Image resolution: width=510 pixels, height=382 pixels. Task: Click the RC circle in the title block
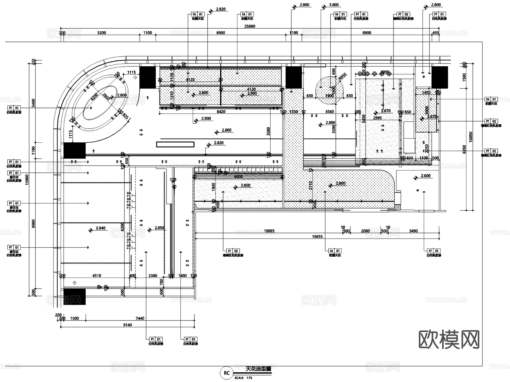226,373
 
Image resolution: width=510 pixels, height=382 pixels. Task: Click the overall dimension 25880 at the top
250,26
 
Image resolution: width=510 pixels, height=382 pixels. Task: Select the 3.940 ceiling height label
100,228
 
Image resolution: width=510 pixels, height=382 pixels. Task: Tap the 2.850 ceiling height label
159,228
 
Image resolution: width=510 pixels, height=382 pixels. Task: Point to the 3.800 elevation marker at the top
334,5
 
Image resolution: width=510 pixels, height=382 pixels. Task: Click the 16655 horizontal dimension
317,237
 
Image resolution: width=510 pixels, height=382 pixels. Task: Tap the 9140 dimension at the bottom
127,325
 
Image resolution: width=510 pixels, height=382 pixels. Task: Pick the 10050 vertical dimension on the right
471,137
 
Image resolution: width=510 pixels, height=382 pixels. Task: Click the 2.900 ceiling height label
206,119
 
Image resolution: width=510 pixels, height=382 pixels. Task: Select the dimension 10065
269,231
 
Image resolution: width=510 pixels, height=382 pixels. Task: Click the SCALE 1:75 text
243,378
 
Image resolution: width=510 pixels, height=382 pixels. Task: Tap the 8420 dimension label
221,112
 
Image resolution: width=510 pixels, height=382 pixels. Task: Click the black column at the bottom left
74,297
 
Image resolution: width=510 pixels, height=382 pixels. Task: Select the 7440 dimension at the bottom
140,318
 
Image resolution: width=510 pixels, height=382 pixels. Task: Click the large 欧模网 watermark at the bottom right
449,339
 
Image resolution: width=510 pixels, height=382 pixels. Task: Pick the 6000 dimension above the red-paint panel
238,176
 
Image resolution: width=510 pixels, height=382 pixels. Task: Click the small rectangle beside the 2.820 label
175,144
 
